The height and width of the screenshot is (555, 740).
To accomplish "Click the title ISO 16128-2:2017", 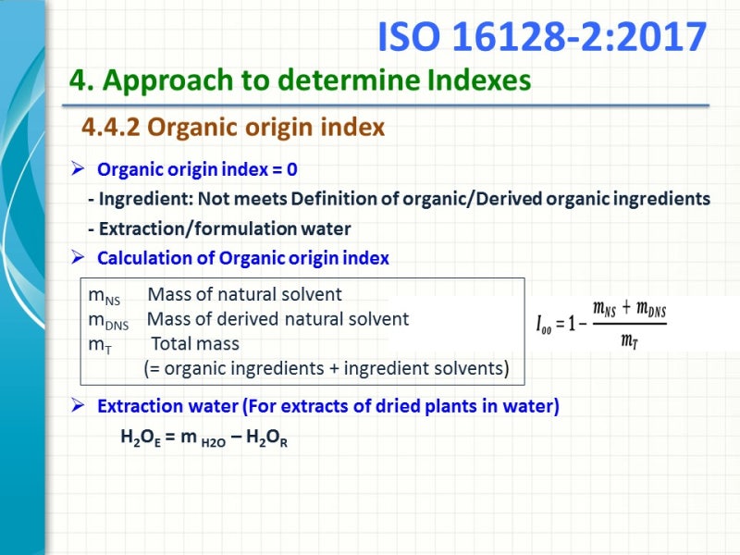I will pyautogui.click(x=542, y=37).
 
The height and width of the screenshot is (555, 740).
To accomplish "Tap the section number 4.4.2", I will pyautogui.click(x=111, y=127).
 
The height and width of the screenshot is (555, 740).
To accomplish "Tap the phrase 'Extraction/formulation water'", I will pyautogui.click(x=225, y=228).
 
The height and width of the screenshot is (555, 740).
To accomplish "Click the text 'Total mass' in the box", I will pyautogui.click(x=195, y=343).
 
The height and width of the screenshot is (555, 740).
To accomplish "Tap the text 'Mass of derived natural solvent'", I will pyautogui.click(x=278, y=319).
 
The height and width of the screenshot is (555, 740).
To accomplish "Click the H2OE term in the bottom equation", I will pyautogui.click(x=143, y=438).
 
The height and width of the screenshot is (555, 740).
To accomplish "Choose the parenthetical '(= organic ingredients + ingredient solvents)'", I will pyautogui.click(x=327, y=368).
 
